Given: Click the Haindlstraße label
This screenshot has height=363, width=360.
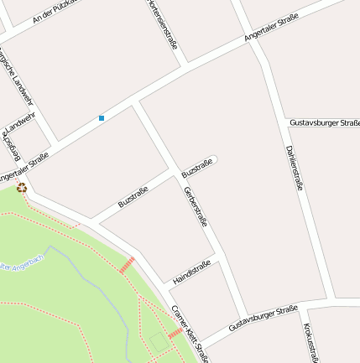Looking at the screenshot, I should click(x=190, y=271).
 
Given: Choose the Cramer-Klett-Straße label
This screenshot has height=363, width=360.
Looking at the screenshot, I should click(x=190, y=331).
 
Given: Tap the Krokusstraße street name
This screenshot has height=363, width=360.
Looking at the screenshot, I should click(x=310, y=344).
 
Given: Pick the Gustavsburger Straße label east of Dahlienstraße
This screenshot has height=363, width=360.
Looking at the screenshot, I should click(x=324, y=122).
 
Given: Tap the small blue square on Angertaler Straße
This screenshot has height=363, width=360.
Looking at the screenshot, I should click(x=102, y=118).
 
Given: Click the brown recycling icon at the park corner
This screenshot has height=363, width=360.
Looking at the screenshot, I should click(x=22, y=188).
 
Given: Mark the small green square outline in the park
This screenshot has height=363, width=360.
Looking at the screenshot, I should click(x=159, y=341).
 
